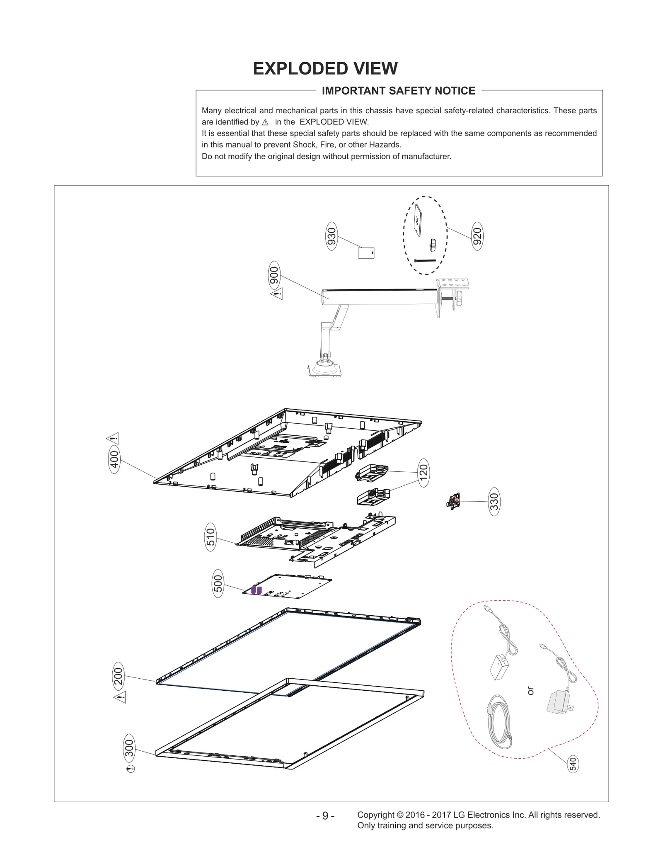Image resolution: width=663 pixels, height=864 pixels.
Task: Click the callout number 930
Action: [331, 236]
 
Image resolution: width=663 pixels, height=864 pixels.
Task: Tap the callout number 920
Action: [477, 236]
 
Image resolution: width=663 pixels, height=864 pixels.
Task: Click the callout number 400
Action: [114, 459]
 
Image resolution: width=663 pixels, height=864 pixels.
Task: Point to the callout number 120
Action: [423, 473]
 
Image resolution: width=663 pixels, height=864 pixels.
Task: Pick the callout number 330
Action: [494, 502]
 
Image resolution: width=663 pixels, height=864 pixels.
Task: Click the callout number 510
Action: [211, 537]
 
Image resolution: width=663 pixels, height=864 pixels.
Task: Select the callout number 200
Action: [119, 676]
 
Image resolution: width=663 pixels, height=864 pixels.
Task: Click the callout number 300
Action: [129, 748]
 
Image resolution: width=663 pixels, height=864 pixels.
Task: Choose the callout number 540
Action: [572, 764]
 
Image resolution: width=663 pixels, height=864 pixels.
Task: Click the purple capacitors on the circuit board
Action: [256, 590]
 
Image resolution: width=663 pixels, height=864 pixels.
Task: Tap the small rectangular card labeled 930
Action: [366, 253]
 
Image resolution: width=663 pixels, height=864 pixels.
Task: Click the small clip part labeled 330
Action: [454, 501]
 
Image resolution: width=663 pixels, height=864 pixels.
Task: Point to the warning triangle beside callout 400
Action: [113, 438]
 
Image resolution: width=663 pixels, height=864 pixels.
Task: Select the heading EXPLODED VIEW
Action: [325, 69]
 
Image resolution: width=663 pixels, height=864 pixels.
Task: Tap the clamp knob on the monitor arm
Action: [459, 300]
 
